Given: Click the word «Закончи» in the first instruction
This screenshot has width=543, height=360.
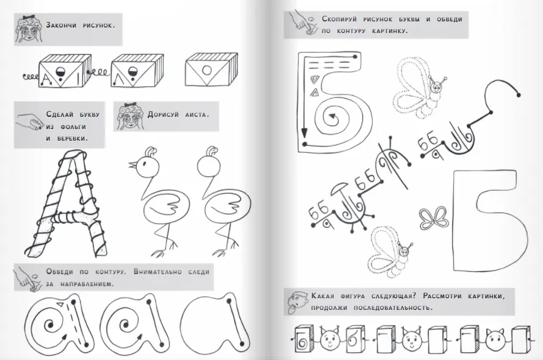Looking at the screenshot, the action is [x=61, y=25].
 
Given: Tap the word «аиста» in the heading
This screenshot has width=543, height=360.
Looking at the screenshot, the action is [x=197, y=114].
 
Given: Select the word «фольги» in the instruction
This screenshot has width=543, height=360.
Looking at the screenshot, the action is [x=73, y=127].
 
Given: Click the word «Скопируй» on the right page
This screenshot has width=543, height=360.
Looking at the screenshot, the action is [x=340, y=19].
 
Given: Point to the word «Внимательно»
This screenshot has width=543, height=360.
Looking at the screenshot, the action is [x=158, y=271].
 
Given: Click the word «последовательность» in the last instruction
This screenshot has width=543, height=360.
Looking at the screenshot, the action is [x=393, y=307].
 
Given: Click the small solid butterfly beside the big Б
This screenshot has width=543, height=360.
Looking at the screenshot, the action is [x=432, y=218].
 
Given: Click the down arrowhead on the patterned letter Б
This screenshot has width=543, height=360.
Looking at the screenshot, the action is [x=304, y=133].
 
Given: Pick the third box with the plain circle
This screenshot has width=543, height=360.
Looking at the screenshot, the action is [x=211, y=69].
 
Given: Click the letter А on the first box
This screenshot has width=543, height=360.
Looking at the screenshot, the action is [x=46, y=81].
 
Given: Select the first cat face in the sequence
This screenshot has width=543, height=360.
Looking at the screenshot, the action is [x=330, y=339].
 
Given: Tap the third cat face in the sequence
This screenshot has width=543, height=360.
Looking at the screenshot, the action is [x=495, y=339].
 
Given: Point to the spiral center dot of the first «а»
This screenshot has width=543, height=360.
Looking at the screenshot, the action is [x=51, y=325].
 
